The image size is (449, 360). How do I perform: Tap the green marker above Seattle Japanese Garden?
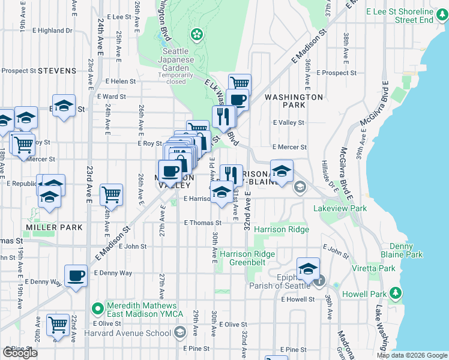click(x=196, y=33)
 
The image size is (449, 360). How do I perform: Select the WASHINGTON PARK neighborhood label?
click(x=294, y=100)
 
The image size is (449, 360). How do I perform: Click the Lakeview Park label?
click(x=340, y=208)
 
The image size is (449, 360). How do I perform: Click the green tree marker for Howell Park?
click(x=395, y=293)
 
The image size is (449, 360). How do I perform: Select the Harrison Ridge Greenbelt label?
click(x=247, y=258)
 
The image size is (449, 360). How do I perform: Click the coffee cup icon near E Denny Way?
click(x=76, y=275)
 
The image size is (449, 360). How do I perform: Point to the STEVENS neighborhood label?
click(x=57, y=71)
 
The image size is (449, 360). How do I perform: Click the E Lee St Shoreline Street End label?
click(x=406, y=16)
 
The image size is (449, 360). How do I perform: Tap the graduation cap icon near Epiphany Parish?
click(x=308, y=268)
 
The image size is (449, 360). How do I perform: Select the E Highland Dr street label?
click(x=50, y=30)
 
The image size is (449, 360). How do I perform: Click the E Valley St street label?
click(x=288, y=122)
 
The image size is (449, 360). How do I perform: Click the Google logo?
click(x=20, y=353)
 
